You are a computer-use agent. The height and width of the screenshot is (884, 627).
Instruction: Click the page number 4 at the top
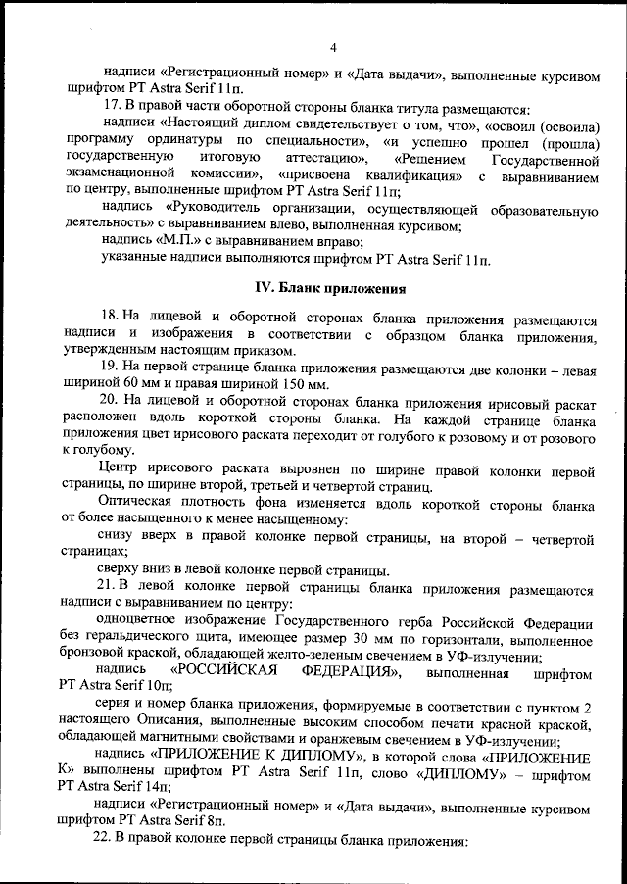tap(333, 47)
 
